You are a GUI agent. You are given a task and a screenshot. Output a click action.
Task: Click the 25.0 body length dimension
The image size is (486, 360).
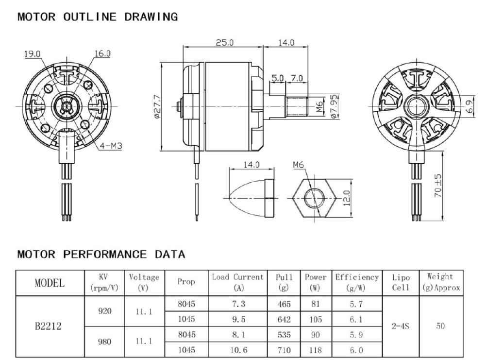point(224,42)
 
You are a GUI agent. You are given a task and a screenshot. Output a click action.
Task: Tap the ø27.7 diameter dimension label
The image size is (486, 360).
point(157,106)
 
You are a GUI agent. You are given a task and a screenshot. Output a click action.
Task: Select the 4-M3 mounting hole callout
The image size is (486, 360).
point(111,145)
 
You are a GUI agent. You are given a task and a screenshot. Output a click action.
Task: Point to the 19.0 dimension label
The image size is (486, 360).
point(33,54)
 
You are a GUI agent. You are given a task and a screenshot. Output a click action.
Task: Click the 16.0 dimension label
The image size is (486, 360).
point(102,53)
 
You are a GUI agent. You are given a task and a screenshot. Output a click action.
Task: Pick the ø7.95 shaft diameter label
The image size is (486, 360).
point(334,106)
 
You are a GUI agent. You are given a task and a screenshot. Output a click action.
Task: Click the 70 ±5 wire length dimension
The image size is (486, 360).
point(438,186)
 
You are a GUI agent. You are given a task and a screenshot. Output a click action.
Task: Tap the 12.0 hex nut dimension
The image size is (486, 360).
point(347,198)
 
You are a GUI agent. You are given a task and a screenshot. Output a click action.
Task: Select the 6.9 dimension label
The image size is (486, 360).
point(470,106)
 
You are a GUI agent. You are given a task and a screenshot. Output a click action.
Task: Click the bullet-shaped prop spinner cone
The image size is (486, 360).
point(251,198)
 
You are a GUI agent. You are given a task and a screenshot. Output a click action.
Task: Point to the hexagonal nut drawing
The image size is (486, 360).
point(315,198)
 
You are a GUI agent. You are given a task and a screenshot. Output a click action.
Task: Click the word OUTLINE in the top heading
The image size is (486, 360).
point(90,17)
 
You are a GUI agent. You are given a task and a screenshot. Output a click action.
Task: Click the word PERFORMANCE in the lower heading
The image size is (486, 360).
point(105,254)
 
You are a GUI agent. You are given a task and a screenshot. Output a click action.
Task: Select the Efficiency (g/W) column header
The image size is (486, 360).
point(357,282)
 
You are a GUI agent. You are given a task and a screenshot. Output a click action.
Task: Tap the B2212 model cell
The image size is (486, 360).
point(48,326)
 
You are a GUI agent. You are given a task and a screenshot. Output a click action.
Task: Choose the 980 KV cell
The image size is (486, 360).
point(104,342)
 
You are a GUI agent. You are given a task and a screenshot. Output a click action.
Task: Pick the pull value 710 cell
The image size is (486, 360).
point(284,350)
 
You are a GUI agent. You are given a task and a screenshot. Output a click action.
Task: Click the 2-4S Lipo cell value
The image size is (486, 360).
point(401,326)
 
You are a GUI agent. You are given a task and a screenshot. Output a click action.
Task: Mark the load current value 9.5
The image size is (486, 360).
point(238,319)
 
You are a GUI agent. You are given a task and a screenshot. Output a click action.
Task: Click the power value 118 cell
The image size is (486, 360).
point(316,350)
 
